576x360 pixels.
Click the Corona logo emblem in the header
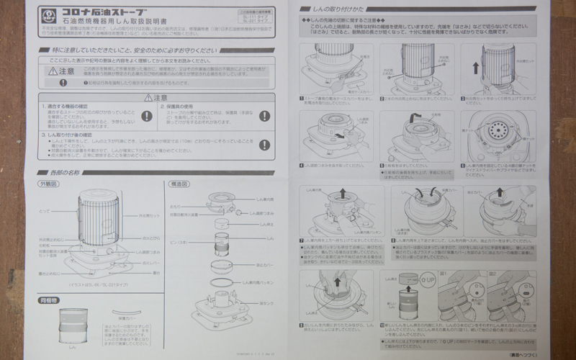tap(50, 14)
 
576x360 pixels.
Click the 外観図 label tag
tap(48, 184)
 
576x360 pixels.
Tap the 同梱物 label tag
tap(48, 298)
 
